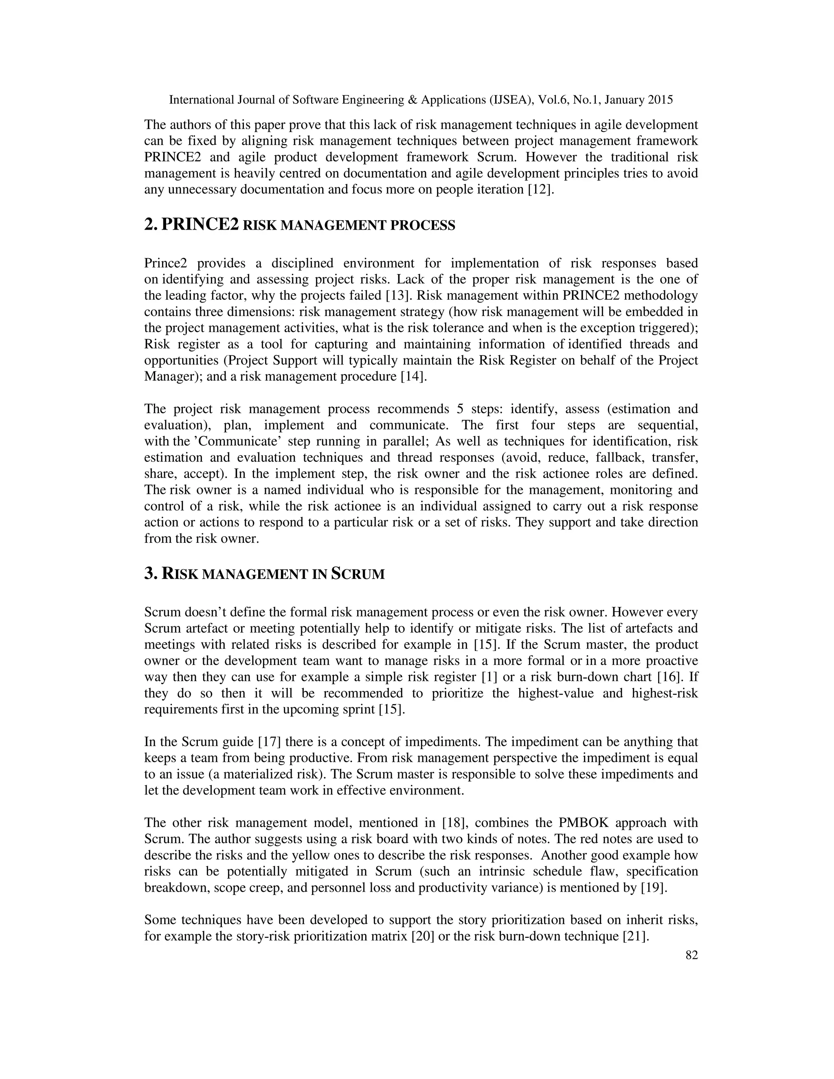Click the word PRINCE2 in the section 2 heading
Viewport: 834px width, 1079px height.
(x=200, y=224)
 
